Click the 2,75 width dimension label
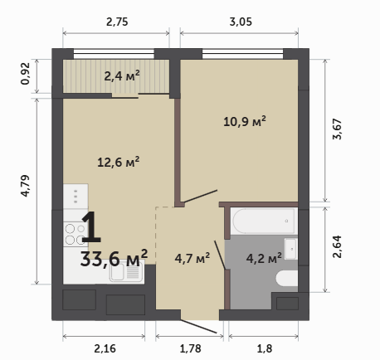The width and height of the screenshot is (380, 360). click(117, 22)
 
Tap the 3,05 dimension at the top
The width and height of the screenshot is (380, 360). click(241, 22)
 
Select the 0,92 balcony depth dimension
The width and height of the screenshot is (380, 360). click(25, 74)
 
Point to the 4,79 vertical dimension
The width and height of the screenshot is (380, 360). click(25, 186)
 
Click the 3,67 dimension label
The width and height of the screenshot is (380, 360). click(338, 129)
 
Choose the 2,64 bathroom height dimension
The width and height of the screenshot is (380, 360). click(338, 247)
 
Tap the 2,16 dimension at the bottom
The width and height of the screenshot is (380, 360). click(105, 348)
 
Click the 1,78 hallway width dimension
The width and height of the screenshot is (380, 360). click(190, 348)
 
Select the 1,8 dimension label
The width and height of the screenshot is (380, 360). click(265, 348)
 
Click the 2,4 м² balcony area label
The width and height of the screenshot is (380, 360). click(122, 75)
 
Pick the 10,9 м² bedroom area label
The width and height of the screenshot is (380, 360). click(245, 121)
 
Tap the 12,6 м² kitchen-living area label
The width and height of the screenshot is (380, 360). click(118, 162)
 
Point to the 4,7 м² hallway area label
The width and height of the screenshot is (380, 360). click(192, 258)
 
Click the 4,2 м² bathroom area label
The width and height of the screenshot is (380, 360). click(264, 258)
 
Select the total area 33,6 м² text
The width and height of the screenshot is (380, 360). click(114, 258)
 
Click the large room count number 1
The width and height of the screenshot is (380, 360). click(91, 227)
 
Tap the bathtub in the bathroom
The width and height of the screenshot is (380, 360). click(264, 221)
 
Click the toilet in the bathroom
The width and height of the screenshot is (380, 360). click(287, 278)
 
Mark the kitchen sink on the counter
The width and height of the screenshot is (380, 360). click(126, 272)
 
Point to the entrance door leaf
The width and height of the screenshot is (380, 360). click(198, 326)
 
